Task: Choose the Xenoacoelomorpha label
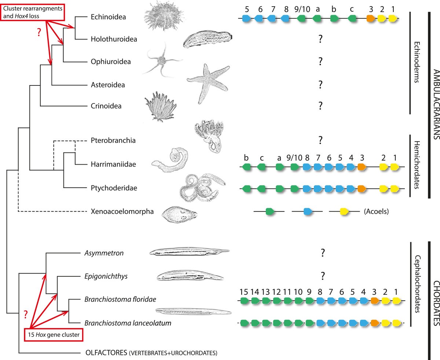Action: pyautogui.click(x=117, y=212)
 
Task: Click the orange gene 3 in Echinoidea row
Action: pyautogui.click(x=371, y=18)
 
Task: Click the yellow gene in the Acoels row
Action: pyautogui.click(x=344, y=211)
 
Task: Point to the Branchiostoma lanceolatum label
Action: pyautogui.click(x=118, y=323)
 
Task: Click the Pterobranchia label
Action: pyautogui.click(x=111, y=140)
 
